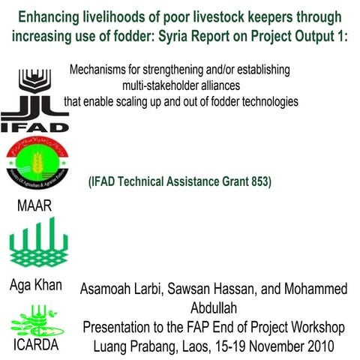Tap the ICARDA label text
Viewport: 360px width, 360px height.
[x=35, y=346]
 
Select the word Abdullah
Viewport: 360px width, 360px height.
[x=212, y=308]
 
